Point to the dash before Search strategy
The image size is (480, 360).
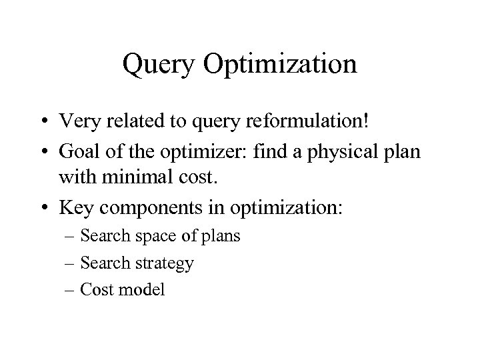click(x=71, y=264)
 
